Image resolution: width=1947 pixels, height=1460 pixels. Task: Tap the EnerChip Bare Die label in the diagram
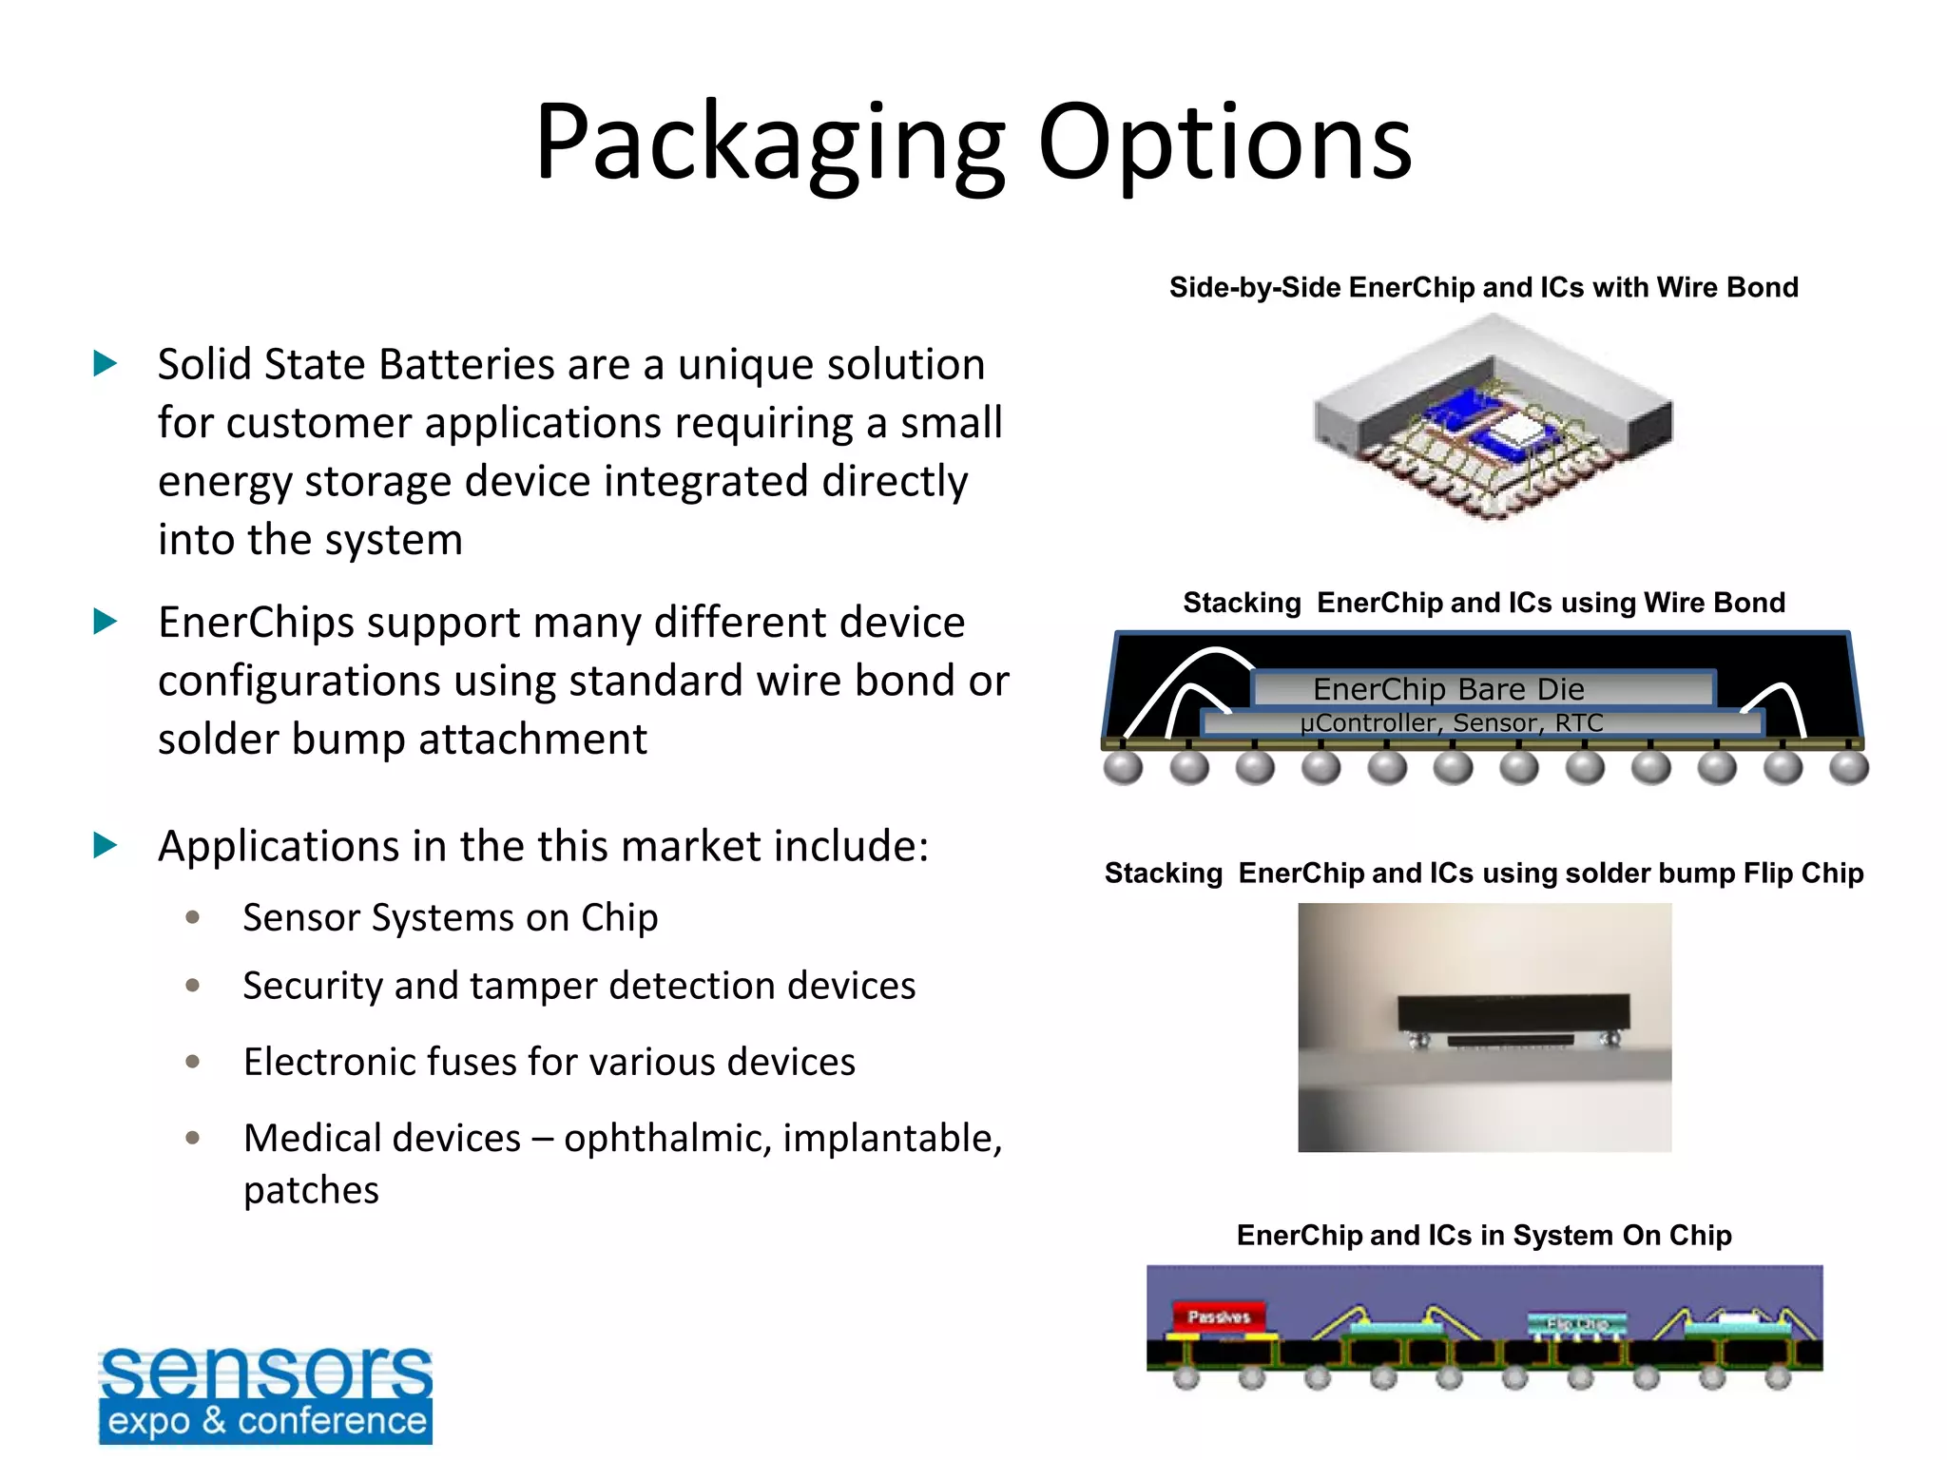pos(1448,688)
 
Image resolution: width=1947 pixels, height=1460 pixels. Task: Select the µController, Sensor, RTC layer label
pos(1451,723)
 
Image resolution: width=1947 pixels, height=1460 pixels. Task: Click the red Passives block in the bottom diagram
pos(1218,1316)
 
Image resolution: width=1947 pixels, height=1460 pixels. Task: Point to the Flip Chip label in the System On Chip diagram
pos(1576,1323)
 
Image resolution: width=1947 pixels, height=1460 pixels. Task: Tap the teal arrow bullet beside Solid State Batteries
pos(106,363)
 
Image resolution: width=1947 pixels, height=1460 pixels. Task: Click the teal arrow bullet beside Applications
pos(106,845)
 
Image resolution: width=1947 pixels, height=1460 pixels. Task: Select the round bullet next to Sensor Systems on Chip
pos(193,917)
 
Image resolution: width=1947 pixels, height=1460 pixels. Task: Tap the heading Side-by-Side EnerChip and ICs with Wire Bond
pos(1483,287)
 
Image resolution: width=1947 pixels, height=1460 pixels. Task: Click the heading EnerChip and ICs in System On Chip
pos(1483,1235)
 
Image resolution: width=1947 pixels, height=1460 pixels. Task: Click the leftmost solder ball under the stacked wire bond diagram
pos(1123,766)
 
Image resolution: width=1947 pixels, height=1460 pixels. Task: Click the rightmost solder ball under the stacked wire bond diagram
pos(1848,766)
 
